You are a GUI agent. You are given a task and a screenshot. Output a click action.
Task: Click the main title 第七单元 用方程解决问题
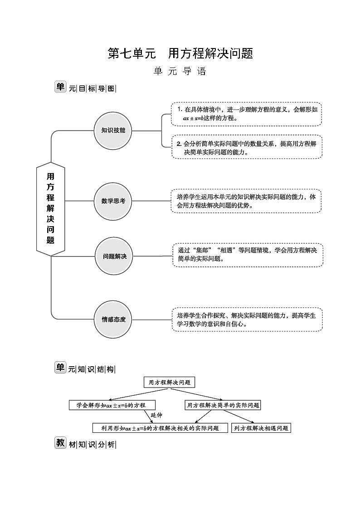pyautogui.click(x=180, y=53)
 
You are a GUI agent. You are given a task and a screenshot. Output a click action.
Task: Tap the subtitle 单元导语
pyautogui.click(x=180, y=72)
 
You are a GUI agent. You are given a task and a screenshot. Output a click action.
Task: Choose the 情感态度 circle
pyautogui.click(x=113, y=319)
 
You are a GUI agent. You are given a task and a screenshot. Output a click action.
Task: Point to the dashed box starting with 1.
pyautogui.click(x=247, y=114)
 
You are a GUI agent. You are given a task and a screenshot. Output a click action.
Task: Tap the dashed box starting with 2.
pyautogui.click(x=247, y=147)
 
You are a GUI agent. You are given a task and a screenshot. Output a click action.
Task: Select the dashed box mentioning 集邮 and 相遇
pyautogui.click(x=248, y=255)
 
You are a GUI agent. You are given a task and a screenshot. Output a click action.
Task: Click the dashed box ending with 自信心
pyautogui.click(x=247, y=320)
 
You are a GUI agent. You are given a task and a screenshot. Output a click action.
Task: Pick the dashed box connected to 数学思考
pyautogui.click(x=247, y=201)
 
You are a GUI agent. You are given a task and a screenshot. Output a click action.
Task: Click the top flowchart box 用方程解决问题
pyautogui.click(x=169, y=382)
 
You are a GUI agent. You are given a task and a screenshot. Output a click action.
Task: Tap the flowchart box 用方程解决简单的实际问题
pyautogui.click(x=223, y=405)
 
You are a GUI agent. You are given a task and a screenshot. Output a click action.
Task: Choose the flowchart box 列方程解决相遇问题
pyautogui.click(x=261, y=428)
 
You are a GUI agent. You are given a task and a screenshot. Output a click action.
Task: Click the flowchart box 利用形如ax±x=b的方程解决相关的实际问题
pyautogui.click(x=160, y=428)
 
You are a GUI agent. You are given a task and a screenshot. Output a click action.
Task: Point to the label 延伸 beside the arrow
pyautogui.click(x=156, y=415)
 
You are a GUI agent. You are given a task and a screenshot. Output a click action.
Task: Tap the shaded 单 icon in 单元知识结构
pyautogui.click(x=60, y=368)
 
